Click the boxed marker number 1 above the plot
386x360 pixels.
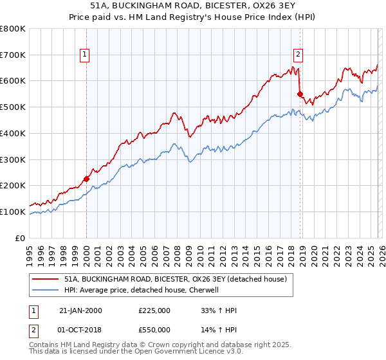85,55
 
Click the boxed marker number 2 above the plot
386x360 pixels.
299,55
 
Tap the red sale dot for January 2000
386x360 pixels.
86,179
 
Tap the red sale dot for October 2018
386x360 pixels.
300,94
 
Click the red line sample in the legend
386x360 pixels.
46,279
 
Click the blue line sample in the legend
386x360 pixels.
46,290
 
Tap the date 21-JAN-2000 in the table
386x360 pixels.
80,310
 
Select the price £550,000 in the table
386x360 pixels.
154,330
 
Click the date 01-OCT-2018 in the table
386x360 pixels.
80,330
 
